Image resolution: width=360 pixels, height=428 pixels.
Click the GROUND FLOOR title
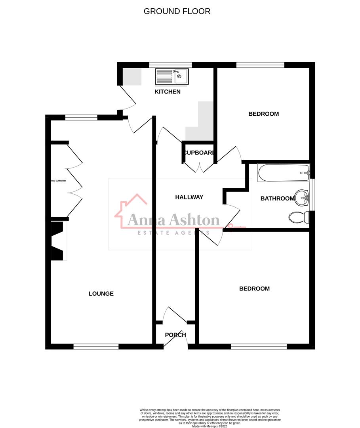point(177,11)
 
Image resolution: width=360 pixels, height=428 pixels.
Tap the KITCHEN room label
point(168,92)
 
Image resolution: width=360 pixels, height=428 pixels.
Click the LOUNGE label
point(101,294)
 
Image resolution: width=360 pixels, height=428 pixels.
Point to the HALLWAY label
point(189,197)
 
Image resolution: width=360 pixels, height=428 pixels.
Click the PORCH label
point(175,335)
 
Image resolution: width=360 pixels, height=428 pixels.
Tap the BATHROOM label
point(277,199)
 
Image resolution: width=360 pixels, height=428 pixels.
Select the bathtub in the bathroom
point(283,173)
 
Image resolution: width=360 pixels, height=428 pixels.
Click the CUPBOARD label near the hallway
point(199,153)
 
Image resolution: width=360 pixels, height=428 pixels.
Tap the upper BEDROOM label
point(263,114)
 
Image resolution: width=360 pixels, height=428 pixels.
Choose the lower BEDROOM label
point(254,289)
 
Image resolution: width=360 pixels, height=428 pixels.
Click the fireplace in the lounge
point(58,241)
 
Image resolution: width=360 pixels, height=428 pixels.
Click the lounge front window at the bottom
point(96,347)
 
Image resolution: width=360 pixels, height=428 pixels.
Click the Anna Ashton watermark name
point(173,220)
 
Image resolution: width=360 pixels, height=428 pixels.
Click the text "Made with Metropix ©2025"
point(210,426)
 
